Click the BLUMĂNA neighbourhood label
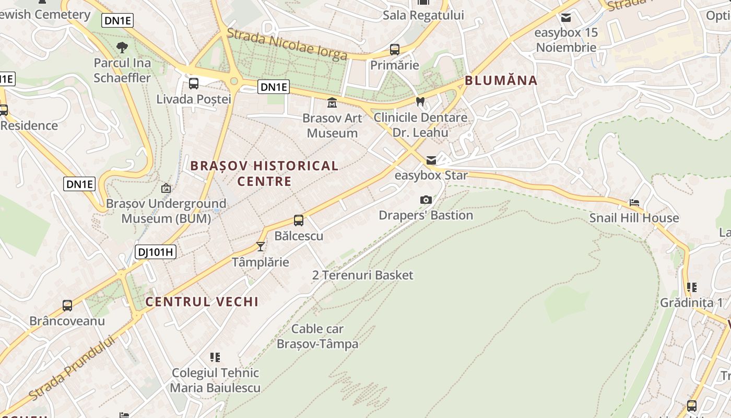click(x=501, y=80)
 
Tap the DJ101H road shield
click(x=155, y=252)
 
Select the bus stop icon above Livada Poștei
click(x=194, y=83)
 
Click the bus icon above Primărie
click(x=395, y=50)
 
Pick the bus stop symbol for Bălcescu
click(x=299, y=220)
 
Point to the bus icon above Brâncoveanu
click(x=67, y=306)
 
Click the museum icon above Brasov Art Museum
click(x=332, y=102)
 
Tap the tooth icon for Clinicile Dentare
click(x=420, y=102)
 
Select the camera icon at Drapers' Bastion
click(x=426, y=200)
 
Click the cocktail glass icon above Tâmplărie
click(x=261, y=246)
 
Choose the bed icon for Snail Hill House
click(x=634, y=202)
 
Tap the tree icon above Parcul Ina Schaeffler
click(x=122, y=48)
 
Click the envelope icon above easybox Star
click(x=431, y=160)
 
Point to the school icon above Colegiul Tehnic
click(x=215, y=357)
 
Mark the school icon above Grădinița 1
click(x=692, y=287)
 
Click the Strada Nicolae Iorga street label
click(x=287, y=44)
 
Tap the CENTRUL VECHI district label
click(x=202, y=301)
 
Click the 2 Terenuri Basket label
click(x=363, y=275)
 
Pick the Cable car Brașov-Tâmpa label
click(x=317, y=336)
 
